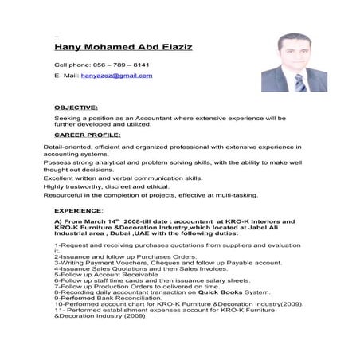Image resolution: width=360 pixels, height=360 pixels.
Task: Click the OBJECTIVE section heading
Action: [x=76, y=106]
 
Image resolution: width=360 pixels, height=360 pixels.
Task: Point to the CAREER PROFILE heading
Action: [x=88, y=135]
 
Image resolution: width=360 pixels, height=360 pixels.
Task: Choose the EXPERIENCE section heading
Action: [x=79, y=210]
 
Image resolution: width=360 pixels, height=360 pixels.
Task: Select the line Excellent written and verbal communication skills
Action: [x=123, y=178]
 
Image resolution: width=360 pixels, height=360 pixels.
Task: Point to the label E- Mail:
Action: [x=65, y=75]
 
